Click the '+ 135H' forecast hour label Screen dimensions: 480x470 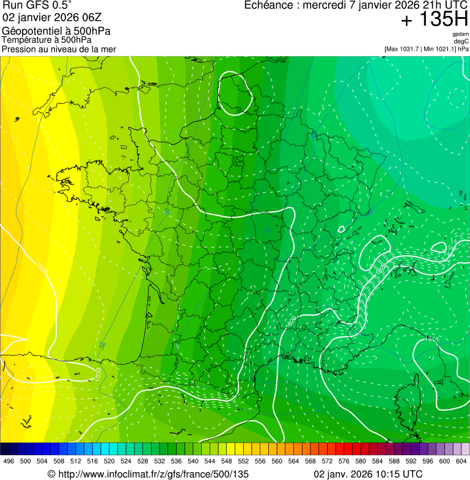(434, 20)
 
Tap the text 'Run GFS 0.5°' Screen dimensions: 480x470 (37, 6)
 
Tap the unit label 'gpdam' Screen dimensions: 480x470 (460, 34)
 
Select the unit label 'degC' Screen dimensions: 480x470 (461, 41)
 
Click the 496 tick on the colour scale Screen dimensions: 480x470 (9, 461)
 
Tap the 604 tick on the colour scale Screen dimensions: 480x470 (461, 461)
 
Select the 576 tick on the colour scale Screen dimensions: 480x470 (344, 461)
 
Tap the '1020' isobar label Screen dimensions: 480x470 (292, 320)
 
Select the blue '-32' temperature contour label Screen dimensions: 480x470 (101, 345)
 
